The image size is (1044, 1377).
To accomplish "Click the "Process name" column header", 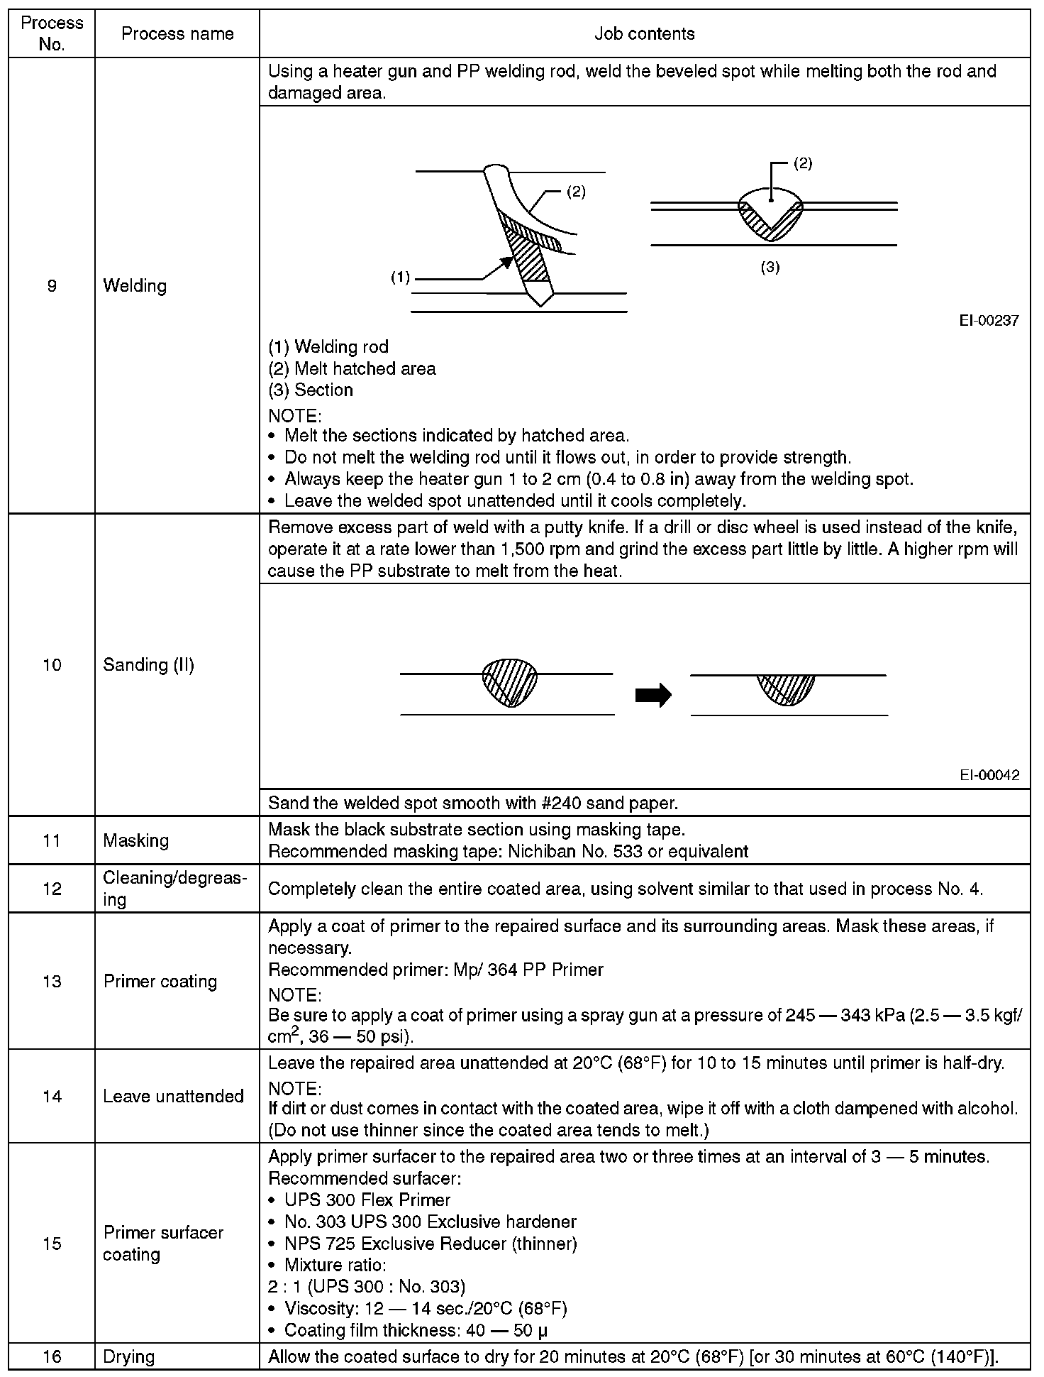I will point(177,33).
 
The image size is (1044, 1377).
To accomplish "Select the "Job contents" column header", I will point(644,33).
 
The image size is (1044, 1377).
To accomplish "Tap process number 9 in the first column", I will point(52,285).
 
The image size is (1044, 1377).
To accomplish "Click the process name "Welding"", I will point(135,285).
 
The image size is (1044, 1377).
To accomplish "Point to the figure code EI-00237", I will point(989,321).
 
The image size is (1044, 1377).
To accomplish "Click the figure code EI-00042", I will point(989,775).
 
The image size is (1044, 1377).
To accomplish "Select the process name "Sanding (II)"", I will point(148,664).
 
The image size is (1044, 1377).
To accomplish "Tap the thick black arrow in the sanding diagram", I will point(653,695).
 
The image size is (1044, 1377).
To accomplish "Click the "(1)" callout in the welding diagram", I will point(401,278).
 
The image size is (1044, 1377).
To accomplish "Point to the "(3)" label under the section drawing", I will point(770,268).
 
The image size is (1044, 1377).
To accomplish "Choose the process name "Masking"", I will point(135,840).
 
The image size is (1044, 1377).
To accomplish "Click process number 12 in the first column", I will point(52,889).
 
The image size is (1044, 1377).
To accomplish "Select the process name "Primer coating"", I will point(160,981).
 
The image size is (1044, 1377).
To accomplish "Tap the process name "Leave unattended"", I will point(173,1096).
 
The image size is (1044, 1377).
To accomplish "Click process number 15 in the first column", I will point(52,1244).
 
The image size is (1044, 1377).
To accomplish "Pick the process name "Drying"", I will point(128,1356).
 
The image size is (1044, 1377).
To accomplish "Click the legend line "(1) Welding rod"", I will point(328,346).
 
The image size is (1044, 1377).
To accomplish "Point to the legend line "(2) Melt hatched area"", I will point(352,368).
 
